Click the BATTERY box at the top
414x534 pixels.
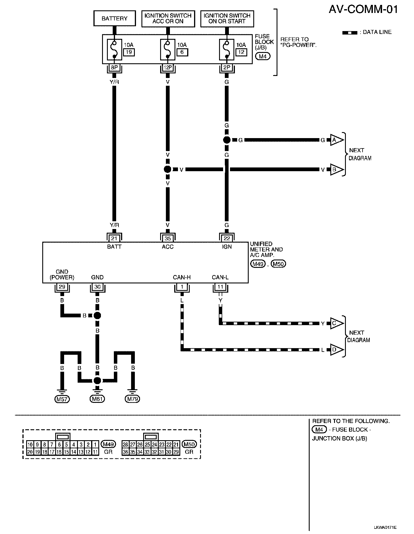(114, 18)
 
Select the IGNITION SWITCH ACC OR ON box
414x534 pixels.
(168, 18)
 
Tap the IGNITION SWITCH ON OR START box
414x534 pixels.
(227, 18)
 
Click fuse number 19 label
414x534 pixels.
(129, 52)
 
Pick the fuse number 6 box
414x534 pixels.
(182, 52)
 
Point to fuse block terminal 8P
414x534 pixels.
(114, 67)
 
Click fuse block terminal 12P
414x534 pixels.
(168, 67)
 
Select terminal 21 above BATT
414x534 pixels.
(114, 238)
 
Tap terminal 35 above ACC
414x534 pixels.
(168, 238)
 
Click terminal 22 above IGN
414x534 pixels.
(227, 238)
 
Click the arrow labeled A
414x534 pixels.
(337, 140)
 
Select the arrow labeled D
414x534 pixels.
(337, 350)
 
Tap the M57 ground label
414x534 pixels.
(62, 399)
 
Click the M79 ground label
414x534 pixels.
(132, 399)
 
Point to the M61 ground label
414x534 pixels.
(97, 399)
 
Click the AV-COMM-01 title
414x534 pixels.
(363, 9)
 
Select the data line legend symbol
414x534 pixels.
(350, 33)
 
